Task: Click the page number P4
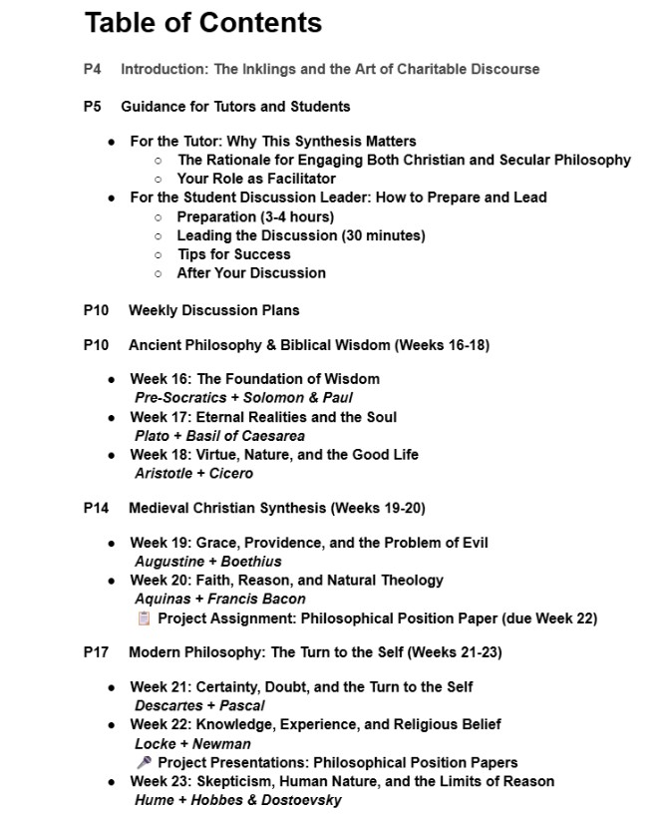point(93,70)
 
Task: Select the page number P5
point(93,106)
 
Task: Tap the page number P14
point(96,508)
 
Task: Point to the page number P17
point(96,652)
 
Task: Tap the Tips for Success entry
point(233,254)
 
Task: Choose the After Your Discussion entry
point(251,272)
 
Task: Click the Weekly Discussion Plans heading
point(213,310)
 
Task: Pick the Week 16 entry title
point(254,379)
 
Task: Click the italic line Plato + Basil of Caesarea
point(219,436)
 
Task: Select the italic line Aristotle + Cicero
point(193,473)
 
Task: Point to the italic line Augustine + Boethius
point(207,562)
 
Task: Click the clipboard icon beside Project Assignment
point(144,618)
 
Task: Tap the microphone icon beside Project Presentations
point(144,763)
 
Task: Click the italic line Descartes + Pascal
point(199,705)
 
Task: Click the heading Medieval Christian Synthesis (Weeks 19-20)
point(276,508)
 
